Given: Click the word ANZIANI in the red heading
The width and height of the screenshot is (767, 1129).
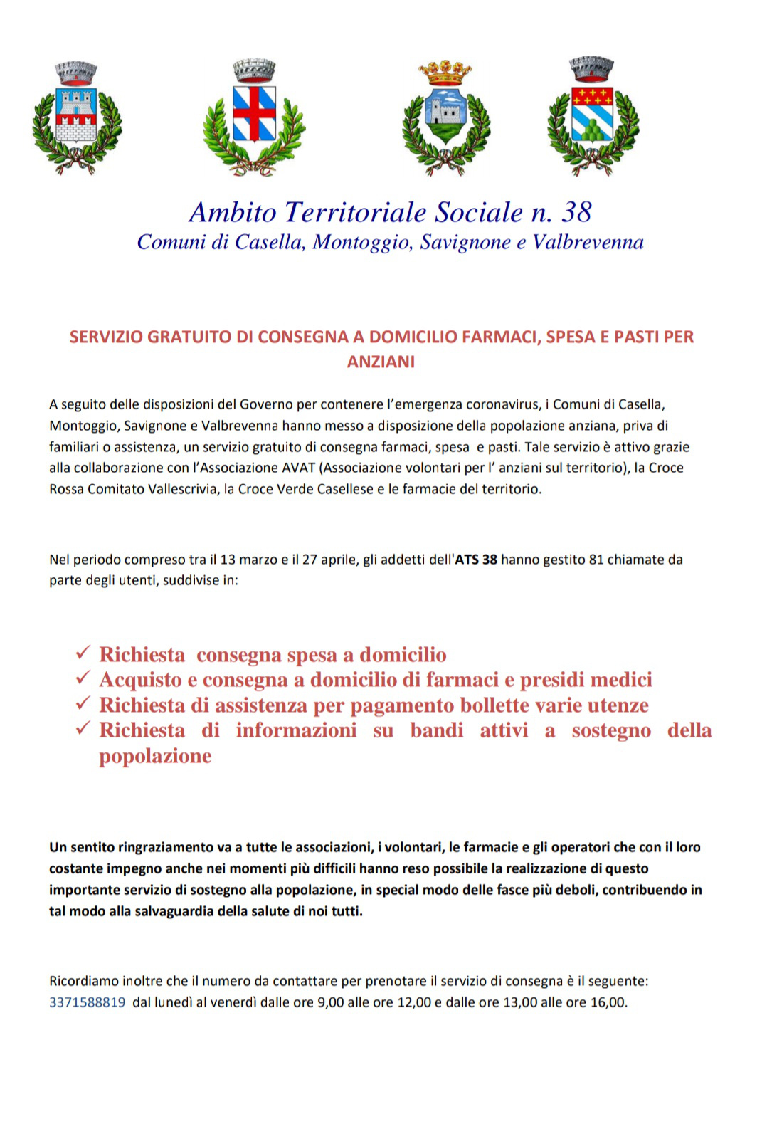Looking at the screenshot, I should (381, 362).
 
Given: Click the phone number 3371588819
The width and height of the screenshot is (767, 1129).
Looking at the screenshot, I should (87, 1002).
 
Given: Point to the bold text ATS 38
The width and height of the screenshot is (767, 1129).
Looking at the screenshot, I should (476, 560).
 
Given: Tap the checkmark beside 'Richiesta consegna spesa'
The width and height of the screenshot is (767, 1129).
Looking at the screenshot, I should (83, 653).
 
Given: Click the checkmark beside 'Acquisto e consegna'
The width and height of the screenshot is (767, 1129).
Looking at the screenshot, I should (83, 678).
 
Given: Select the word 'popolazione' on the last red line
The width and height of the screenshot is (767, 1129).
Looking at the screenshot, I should (155, 756).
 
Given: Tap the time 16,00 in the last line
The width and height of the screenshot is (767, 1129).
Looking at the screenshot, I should (608, 1002).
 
